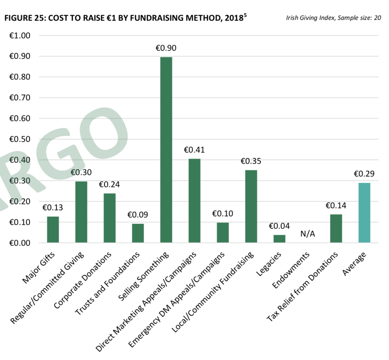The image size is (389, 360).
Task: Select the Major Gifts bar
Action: click(53, 229)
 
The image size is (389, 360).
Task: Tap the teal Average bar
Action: click(364, 213)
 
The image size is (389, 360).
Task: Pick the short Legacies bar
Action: click(279, 239)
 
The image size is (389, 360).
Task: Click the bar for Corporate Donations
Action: click(109, 218)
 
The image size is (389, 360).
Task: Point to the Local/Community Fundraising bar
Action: click(251, 206)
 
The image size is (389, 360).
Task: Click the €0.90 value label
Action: click(166, 48)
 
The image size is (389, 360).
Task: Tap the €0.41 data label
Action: click(194, 150)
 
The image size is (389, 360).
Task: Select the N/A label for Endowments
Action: click(308, 233)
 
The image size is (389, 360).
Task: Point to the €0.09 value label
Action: click(138, 215)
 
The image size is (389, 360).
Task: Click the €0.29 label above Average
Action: click(364, 174)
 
